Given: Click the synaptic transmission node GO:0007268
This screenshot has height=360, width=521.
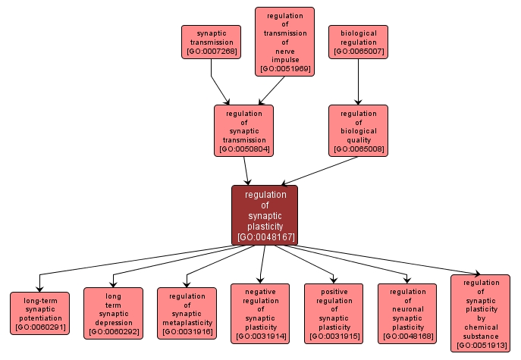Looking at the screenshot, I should tap(211, 42).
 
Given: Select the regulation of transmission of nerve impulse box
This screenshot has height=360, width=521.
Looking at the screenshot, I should tap(284, 42).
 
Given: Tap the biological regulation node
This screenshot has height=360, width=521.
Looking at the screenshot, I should tap(358, 42).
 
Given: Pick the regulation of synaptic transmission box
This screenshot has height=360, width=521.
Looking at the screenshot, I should tap(243, 130).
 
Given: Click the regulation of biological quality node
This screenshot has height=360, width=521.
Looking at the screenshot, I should tap(358, 130).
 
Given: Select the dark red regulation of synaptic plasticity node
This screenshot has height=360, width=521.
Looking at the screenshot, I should tap(265, 215).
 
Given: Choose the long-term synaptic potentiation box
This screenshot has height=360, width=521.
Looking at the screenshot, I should tap(39, 313).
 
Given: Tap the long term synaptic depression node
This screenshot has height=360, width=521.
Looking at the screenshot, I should tap(113, 313).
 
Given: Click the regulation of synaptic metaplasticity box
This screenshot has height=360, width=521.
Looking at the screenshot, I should tap(187, 313).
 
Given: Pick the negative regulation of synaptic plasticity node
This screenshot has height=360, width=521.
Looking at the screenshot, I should tap(260, 313).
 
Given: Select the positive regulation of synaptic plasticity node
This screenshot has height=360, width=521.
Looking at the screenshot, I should tap(334, 313).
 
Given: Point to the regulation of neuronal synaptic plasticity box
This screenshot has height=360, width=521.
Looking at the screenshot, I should tap(407, 313).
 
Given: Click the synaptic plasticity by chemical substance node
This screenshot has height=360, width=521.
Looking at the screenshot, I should tap(480, 313).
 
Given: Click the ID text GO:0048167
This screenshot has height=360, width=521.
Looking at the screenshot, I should tap(265, 237).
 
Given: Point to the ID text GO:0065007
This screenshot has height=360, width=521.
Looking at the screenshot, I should tap(358, 52).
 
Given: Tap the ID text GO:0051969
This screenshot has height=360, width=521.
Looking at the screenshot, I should tap(284, 69).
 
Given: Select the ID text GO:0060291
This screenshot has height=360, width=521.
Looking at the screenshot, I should tap(39, 327).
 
